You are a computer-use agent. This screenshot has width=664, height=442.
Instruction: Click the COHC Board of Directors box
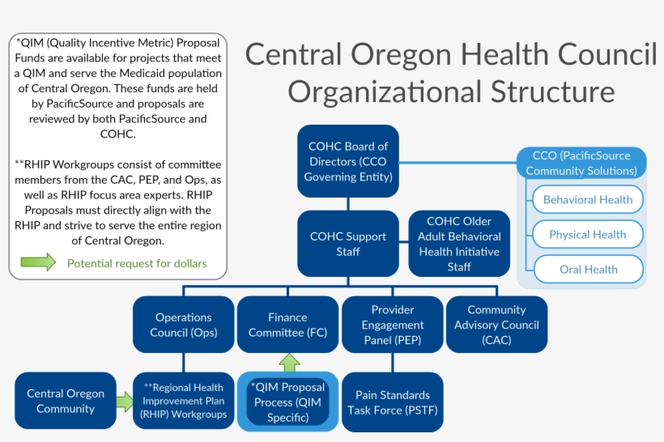[348, 161]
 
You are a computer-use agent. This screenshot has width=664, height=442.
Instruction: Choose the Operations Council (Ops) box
[184, 325]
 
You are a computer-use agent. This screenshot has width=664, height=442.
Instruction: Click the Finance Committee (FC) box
[287, 325]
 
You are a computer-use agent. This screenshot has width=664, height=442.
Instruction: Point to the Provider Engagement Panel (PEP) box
[393, 325]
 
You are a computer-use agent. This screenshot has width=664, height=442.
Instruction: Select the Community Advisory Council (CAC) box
[496, 325]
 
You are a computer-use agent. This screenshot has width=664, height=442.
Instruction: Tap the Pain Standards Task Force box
[393, 402]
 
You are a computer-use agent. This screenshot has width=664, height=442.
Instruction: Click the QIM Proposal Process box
[287, 402]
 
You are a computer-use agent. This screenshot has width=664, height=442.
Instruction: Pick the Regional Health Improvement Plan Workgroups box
[184, 402]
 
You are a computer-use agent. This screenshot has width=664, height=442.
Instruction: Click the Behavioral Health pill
[587, 200]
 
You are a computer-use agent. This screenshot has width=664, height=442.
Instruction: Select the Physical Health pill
[587, 235]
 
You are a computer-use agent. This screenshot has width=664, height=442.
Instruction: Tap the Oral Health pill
[587, 270]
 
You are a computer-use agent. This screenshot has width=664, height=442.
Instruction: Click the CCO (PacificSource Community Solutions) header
[581, 163]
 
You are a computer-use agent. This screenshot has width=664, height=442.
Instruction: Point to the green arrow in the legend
[38, 262]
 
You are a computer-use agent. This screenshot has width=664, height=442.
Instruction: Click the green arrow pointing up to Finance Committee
[288, 363]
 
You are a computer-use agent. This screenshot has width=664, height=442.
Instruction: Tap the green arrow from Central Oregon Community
[124, 402]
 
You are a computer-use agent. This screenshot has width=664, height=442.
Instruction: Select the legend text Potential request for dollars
[137, 263]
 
